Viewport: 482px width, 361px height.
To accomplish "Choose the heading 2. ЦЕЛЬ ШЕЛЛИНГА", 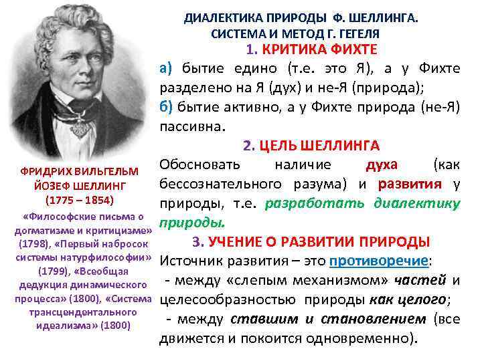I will click(x=311, y=145).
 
